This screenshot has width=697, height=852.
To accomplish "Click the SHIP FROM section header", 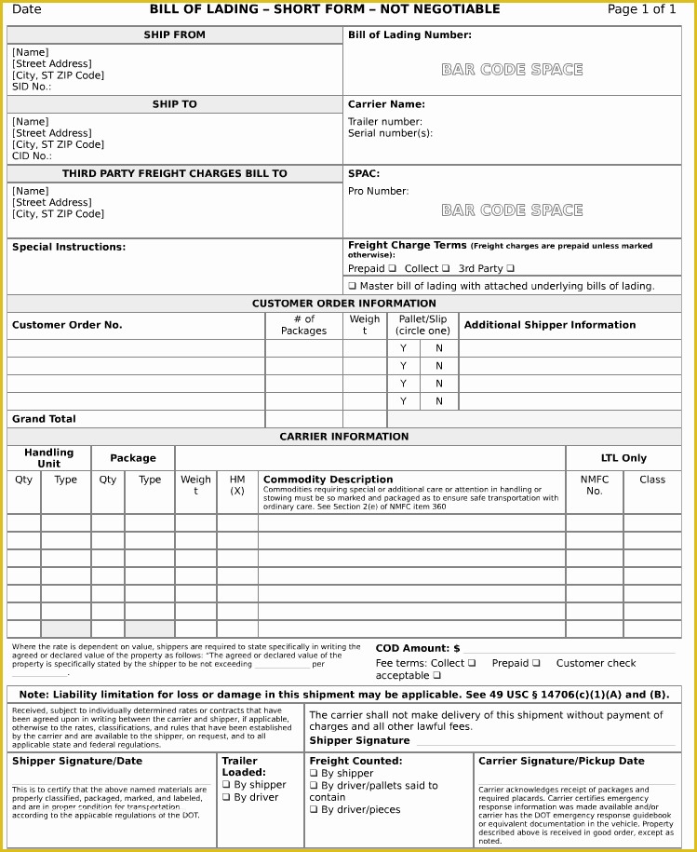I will (174, 35).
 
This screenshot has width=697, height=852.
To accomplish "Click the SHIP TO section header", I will (174, 104).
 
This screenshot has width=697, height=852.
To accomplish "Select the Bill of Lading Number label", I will (409, 35).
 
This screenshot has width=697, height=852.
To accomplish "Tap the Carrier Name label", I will (386, 104).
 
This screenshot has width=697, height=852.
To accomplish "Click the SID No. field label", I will (32, 87).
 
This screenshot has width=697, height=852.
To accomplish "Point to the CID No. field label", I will (32, 156).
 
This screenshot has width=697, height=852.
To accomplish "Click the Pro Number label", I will (378, 191).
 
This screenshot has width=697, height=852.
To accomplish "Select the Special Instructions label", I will (69, 247).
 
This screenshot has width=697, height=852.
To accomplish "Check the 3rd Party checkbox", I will (510, 268).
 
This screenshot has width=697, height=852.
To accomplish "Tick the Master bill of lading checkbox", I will (353, 287).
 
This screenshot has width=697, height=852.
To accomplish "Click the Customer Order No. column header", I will (67, 325).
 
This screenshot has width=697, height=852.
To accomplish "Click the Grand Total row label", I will (44, 419).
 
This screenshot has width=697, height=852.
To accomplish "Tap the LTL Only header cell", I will (623, 458).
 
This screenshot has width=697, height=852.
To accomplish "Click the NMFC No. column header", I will (594, 485).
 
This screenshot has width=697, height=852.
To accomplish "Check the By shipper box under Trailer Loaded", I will (226, 785).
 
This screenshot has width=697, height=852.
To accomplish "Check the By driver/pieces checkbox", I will (314, 810).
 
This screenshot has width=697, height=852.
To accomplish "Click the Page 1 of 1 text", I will (641, 9).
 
